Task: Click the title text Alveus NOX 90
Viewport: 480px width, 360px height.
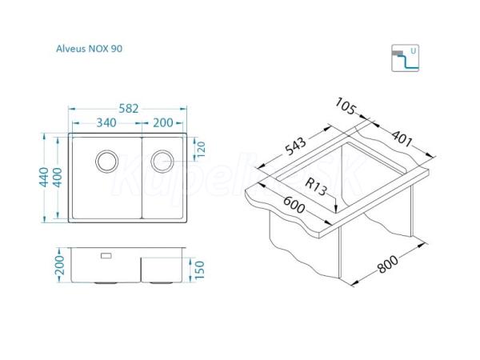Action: pyautogui.click(x=89, y=49)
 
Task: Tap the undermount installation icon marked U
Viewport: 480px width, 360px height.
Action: pyautogui.click(x=405, y=58)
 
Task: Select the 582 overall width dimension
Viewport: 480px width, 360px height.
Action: pyautogui.click(x=129, y=109)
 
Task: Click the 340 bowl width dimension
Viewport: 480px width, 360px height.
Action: pyautogui.click(x=106, y=122)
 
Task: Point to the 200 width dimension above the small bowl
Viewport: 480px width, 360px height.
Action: pyautogui.click(x=163, y=122)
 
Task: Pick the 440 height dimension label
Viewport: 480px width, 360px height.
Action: pyautogui.click(x=44, y=177)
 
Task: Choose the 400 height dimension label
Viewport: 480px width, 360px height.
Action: pyautogui.click(x=58, y=178)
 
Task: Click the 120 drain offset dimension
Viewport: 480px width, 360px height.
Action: pyautogui.click(x=201, y=149)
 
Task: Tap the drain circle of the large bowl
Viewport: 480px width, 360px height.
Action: pyautogui.click(x=107, y=161)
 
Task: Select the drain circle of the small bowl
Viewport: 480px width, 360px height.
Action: pyautogui.click(x=162, y=161)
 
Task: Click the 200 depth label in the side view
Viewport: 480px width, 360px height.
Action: pyautogui.click(x=60, y=265)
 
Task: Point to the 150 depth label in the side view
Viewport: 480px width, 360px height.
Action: pyautogui.click(x=199, y=270)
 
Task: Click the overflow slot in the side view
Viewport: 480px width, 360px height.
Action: pyautogui.click(x=106, y=256)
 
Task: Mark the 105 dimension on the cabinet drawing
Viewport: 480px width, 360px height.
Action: pyautogui.click(x=346, y=106)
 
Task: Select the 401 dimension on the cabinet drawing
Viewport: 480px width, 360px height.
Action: pyautogui.click(x=402, y=138)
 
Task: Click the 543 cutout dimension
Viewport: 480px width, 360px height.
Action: pyautogui.click(x=295, y=146)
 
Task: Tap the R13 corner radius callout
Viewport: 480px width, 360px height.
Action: pyautogui.click(x=316, y=186)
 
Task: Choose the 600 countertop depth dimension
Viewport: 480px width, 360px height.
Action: pyautogui.click(x=294, y=205)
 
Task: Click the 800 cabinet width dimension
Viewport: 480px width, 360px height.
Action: pyautogui.click(x=388, y=264)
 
